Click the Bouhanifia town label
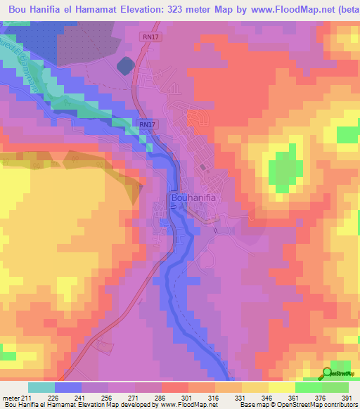193,198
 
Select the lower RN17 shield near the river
146,124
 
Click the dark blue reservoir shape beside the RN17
125,66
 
